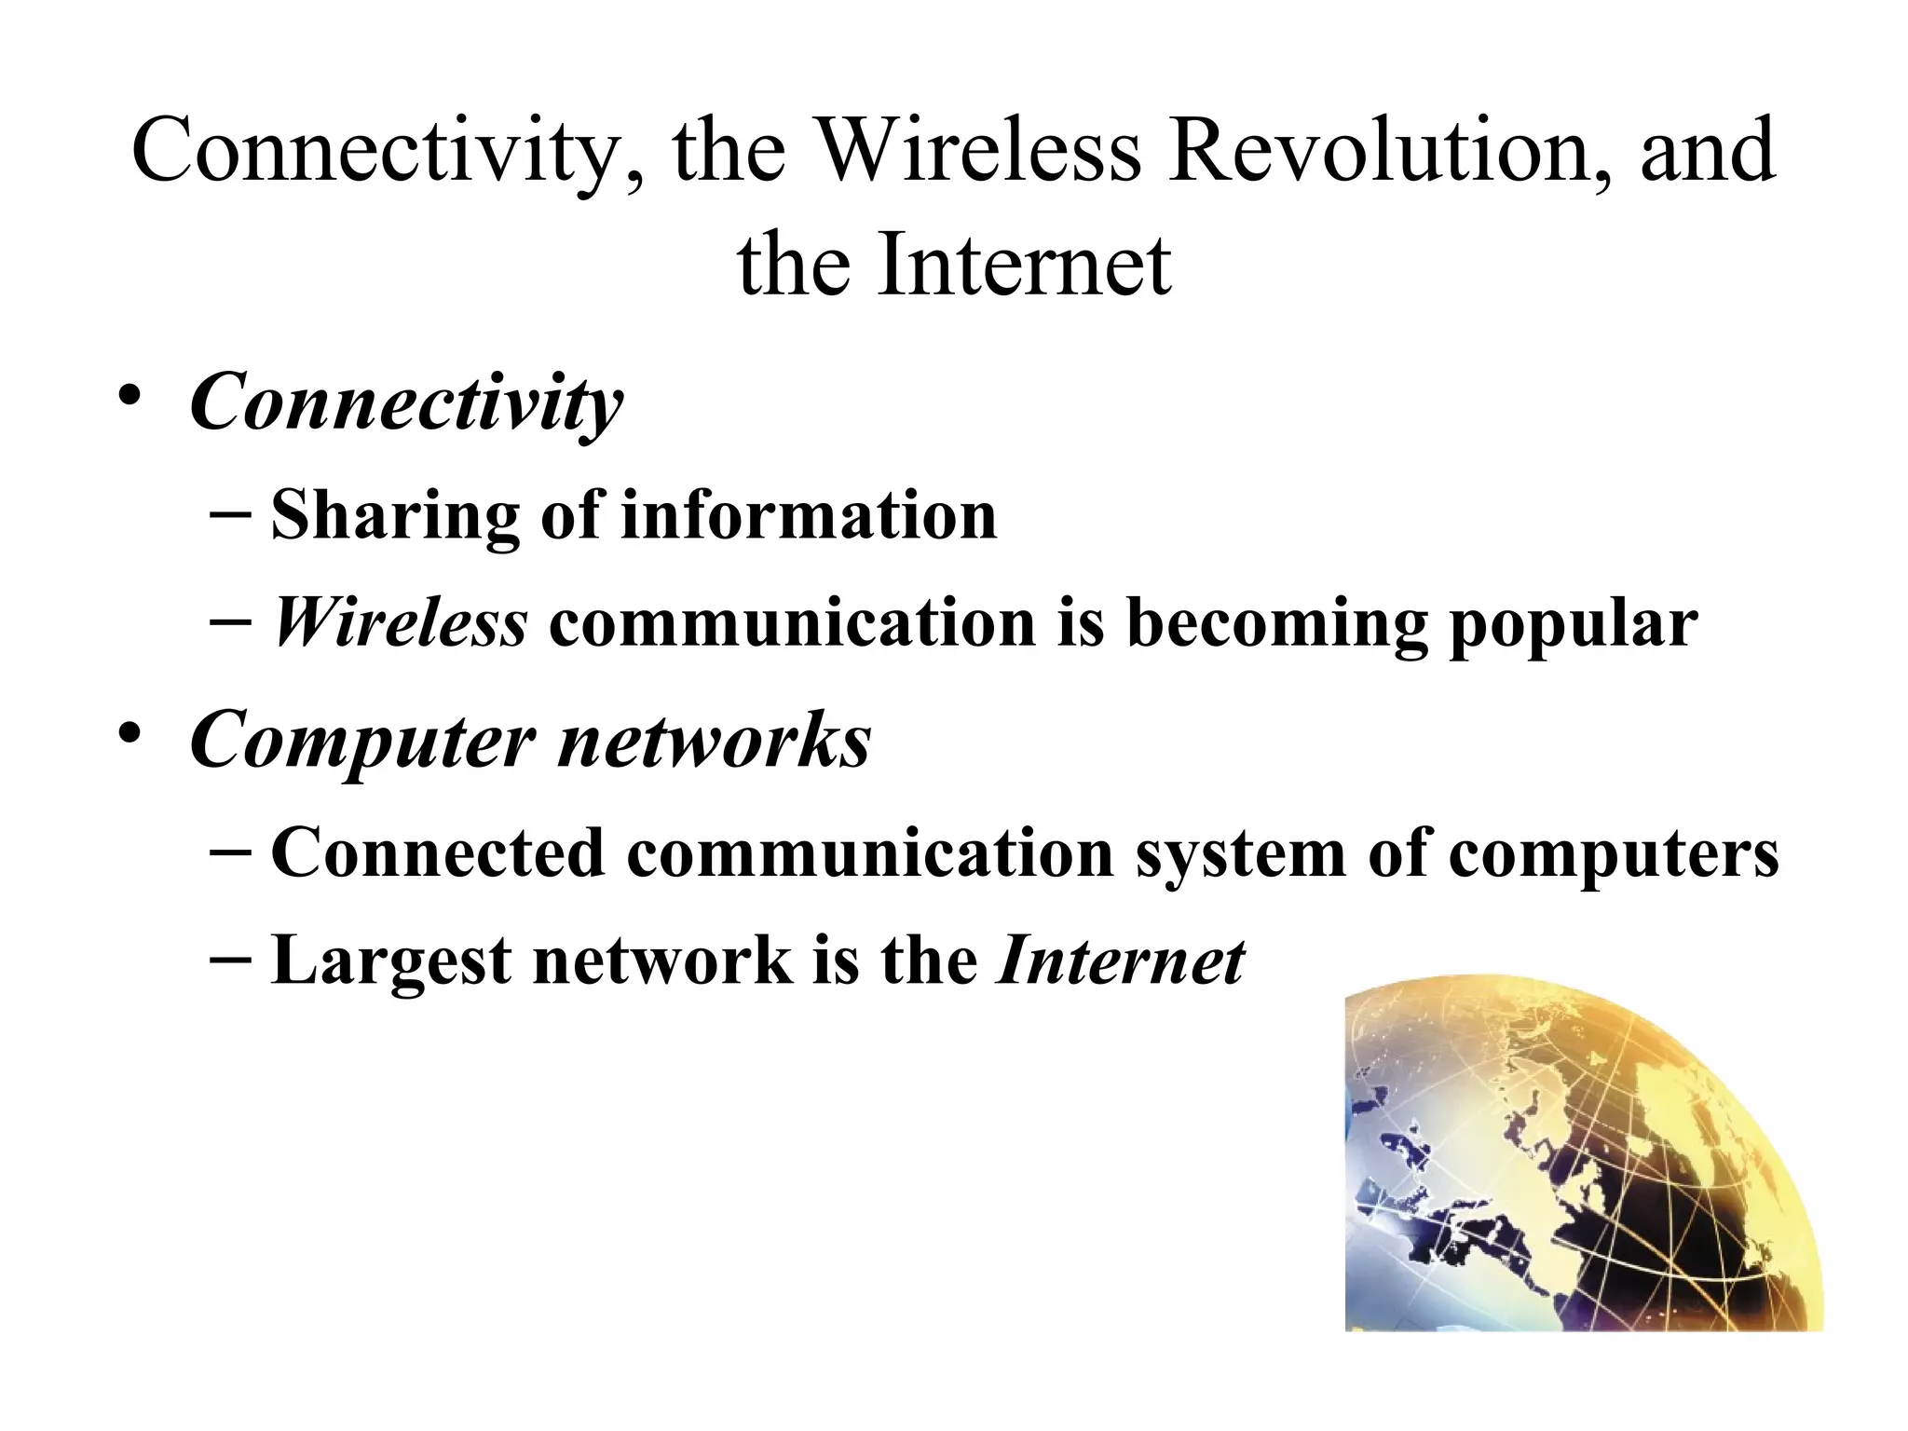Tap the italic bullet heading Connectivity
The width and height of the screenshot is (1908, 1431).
coord(406,403)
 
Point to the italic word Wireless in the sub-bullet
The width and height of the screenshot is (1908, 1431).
coord(400,623)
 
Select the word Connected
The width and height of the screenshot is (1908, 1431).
coord(438,852)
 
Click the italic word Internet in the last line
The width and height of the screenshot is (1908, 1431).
coord(1120,961)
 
